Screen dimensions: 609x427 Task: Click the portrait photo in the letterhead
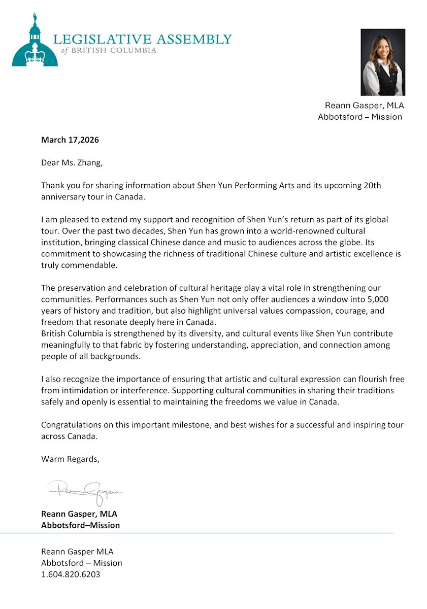tap(383, 62)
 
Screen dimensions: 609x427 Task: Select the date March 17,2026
tap(70, 140)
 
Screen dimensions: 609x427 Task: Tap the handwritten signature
tap(85, 491)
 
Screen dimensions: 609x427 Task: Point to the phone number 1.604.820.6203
tap(71, 574)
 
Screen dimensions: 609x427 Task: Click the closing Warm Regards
tap(70, 459)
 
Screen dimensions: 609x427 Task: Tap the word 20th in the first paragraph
tap(373, 186)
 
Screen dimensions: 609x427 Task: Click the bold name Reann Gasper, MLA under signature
tap(79, 514)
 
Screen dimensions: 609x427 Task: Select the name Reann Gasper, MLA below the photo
tap(364, 106)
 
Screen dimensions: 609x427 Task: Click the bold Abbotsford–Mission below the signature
tap(80, 525)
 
